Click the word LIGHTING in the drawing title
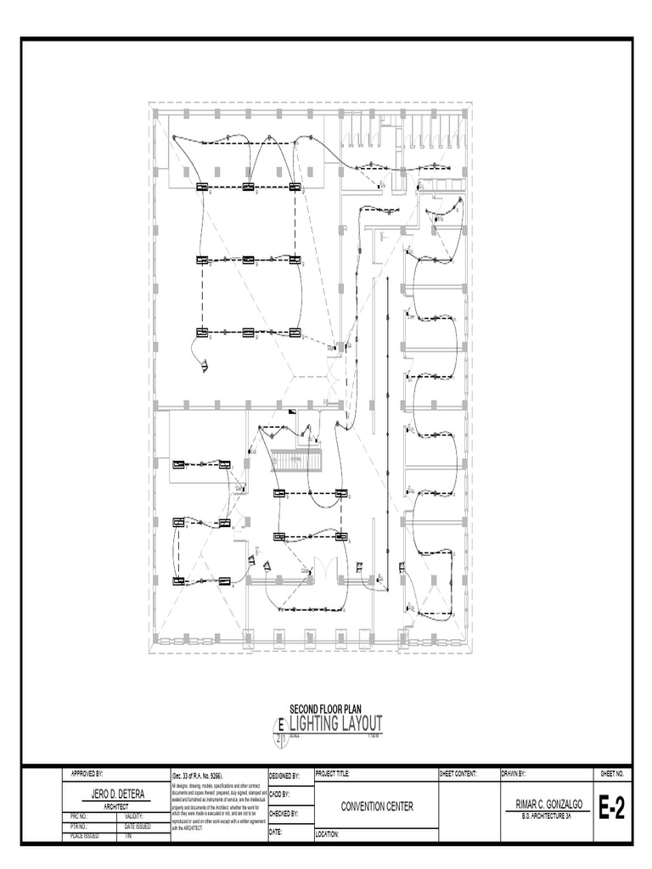318,723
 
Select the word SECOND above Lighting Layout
303,708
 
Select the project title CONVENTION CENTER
377,807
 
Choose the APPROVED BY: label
87,774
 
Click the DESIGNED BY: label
284,775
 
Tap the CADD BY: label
279,794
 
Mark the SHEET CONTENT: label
459,774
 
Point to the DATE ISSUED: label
138,826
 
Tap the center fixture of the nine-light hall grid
249,260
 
